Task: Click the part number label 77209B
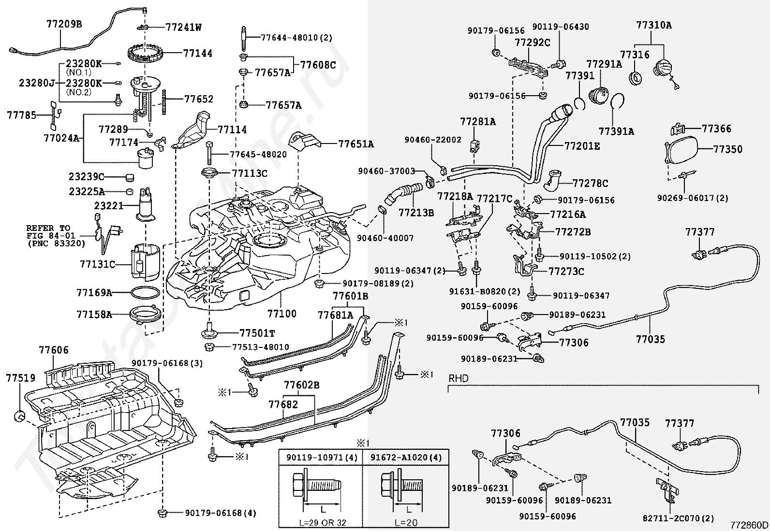click(x=64, y=24)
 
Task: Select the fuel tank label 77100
click(x=282, y=314)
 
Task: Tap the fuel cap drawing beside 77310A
click(x=664, y=71)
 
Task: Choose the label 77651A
click(x=356, y=144)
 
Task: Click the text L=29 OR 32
click(x=323, y=523)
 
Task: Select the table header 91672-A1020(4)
click(x=406, y=458)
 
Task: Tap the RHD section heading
click(x=458, y=378)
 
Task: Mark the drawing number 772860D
click(x=749, y=525)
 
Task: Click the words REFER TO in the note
click(x=48, y=228)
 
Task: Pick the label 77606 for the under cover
click(x=54, y=350)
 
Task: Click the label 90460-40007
click(x=385, y=238)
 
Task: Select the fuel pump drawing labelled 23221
click(x=146, y=204)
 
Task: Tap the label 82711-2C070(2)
click(x=678, y=518)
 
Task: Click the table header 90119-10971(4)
click(x=322, y=458)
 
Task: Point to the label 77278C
click(x=590, y=184)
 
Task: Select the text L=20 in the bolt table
click(x=406, y=523)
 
